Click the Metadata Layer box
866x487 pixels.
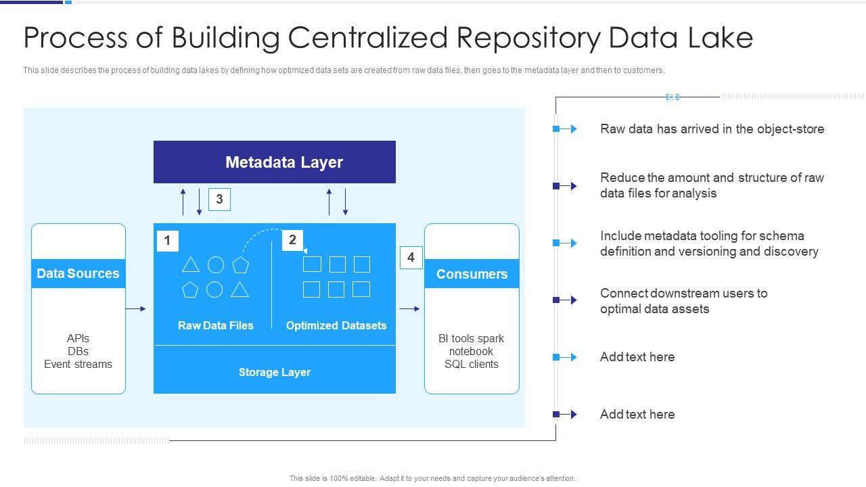(x=274, y=162)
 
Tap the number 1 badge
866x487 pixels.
(x=167, y=241)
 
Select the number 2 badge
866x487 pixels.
(x=292, y=239)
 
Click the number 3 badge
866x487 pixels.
(x=219, y=199)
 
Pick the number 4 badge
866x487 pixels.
(x=411, y=258)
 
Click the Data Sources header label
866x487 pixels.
(x=78, y=273)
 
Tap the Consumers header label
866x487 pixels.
(x=472, y=274)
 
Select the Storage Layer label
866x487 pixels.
(x=274, y=372)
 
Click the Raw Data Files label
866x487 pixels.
(x=215, y=325)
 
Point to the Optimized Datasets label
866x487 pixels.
(x=336, y=325)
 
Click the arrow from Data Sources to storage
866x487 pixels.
(x=136, y=309)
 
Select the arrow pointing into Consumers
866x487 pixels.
(x=409, y=309)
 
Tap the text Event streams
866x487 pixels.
(x=78, y=364)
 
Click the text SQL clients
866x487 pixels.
(x=472, y=364)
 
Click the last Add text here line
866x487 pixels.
(x=637, y=414)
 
